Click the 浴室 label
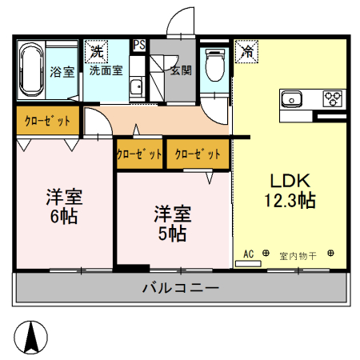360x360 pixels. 62,71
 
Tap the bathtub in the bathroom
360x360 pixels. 31,70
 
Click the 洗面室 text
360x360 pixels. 106,70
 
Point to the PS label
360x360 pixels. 139,46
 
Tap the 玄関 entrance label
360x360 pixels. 180,70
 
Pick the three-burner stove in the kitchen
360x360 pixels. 331,98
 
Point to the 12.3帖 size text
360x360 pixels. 289,201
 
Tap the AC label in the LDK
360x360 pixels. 248,254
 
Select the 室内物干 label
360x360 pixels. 298,256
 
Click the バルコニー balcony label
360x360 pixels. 181,288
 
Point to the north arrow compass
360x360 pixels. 32,336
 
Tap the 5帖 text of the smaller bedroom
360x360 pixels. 172,234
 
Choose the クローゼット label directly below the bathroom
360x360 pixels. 47,122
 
